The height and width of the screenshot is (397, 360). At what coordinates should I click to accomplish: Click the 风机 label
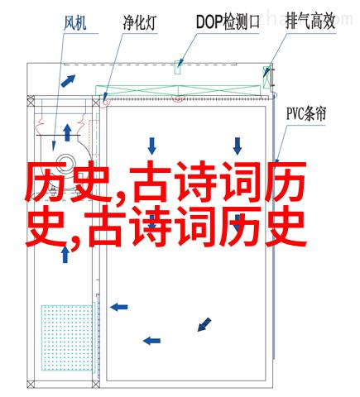75,22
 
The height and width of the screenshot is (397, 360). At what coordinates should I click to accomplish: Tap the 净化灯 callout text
140,22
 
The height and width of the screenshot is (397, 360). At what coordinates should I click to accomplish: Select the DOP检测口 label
228,22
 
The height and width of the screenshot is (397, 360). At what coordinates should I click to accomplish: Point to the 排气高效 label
310,21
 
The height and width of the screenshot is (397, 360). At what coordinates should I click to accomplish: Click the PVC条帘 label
306,113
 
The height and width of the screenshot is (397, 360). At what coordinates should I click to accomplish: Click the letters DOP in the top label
209,22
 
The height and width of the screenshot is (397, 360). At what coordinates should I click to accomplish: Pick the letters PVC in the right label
295,114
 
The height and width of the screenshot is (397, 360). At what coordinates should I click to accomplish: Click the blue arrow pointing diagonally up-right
68,81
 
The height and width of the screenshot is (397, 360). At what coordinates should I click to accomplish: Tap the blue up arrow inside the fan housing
67,132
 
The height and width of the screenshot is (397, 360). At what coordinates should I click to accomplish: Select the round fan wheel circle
66,163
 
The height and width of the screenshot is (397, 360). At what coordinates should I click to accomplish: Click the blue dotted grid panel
67,337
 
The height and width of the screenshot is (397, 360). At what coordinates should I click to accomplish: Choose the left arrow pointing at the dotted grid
119,307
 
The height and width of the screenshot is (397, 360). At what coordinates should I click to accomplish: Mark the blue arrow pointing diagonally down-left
204,324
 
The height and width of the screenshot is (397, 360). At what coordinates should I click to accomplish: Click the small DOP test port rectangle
177,67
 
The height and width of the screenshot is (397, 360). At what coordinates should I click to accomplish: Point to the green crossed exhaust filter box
266,78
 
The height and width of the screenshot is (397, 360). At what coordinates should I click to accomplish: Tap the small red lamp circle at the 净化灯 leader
106,102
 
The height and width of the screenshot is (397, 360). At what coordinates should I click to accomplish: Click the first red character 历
46,182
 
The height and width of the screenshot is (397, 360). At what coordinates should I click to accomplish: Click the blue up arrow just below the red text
65,254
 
